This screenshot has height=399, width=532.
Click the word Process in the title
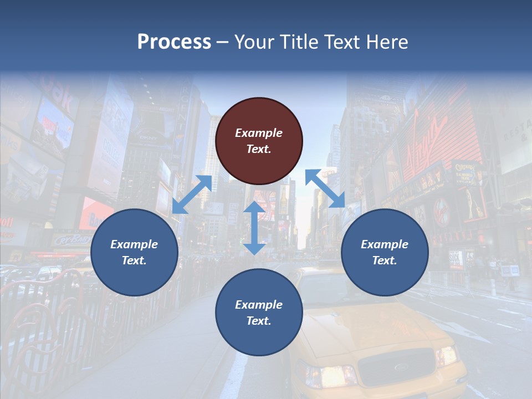(174, 42)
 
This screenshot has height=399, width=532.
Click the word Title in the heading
(299, 42)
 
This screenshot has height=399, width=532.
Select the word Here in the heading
(387, 42)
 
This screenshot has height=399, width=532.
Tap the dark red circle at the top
(259, 141)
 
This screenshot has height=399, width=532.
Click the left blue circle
(134, 252)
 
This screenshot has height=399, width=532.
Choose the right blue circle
(385, 252)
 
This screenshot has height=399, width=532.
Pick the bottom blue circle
(259, 313)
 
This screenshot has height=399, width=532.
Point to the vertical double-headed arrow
(254, 228)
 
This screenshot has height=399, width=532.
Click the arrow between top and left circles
(192, 194)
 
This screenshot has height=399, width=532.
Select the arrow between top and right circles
(325, 188)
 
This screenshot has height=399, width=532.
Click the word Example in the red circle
(259, 133)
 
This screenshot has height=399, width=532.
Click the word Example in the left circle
(134, 244)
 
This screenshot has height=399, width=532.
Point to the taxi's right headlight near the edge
(447, 355)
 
